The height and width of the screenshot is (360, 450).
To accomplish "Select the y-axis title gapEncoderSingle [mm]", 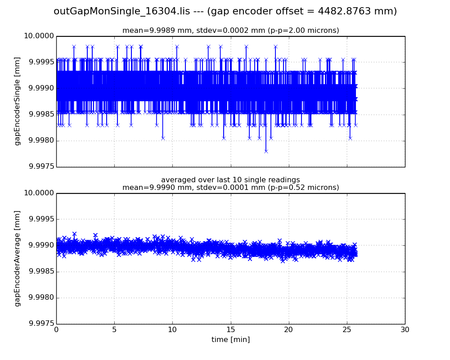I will pos(18,101).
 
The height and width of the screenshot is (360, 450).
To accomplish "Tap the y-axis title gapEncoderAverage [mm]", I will pos(18,258).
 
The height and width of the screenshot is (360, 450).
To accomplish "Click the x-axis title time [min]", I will pos(230,340).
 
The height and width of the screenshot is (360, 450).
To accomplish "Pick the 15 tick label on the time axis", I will pos(230,330).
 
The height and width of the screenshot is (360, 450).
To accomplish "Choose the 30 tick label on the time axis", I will pos(405,330).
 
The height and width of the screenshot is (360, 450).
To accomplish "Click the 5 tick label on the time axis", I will pos(114,330).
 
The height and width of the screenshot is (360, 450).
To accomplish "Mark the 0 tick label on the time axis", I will pos(56,330).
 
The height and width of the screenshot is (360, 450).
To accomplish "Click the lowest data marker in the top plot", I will pos(266,151).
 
